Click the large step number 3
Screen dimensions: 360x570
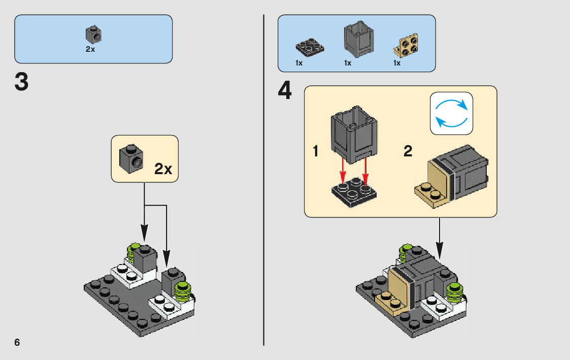(21, 83)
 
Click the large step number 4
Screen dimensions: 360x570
(285, 91)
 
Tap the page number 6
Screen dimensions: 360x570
(17, 342)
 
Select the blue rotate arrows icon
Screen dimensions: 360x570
(451, 113)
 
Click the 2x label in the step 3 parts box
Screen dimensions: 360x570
(90, 50)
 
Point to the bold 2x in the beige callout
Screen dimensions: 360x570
(163, 169)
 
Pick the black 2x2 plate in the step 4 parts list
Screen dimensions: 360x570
(310, 47)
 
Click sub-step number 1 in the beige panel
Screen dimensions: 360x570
(316, 151)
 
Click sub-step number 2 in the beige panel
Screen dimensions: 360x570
(408, 151)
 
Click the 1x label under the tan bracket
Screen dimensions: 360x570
(397, 63)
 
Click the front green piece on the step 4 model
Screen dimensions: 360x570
(454, 291)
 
